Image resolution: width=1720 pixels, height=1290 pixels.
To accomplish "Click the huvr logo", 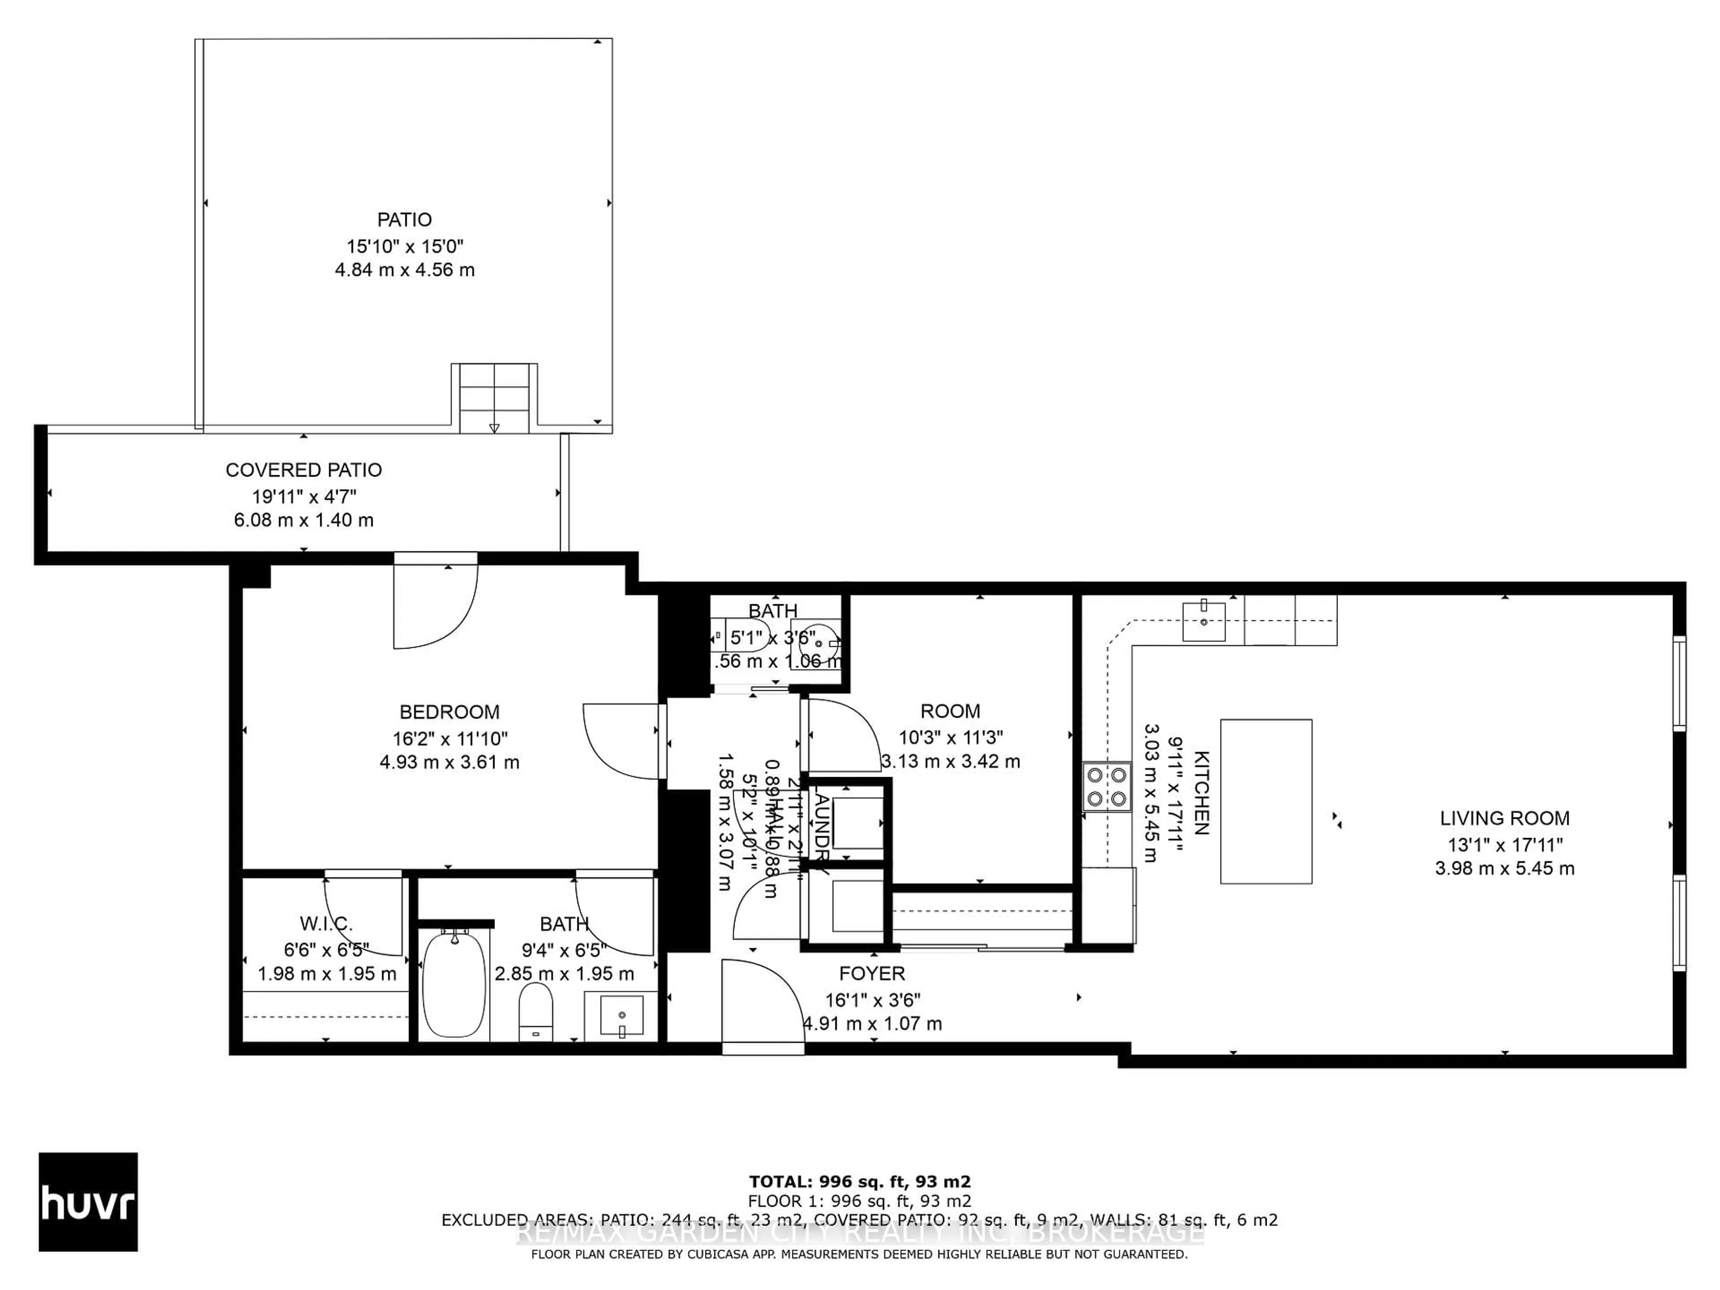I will click(88, 1201).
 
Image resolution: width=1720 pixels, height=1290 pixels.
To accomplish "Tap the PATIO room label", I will click(404, 220).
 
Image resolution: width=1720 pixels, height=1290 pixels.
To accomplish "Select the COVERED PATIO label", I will click(303, 470).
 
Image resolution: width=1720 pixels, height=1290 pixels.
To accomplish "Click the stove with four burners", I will click(1106, 787).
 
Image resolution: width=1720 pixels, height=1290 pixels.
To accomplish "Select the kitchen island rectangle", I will click(1266, 801).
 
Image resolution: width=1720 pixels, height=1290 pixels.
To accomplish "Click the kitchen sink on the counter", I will click(1203, 622).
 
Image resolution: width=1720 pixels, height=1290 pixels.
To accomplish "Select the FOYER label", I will click(872, 973).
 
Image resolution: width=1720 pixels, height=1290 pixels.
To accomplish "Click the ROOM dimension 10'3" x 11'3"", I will click(950, 737).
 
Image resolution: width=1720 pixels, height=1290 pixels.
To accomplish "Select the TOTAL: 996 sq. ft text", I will click(859, 1182).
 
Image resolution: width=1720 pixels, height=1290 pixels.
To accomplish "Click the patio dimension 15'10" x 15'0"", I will click(404, 246).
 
